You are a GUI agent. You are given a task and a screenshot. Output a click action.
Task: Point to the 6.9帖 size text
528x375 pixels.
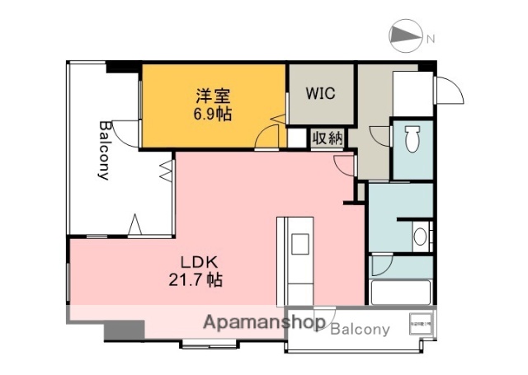pyautogui.click(x=212, y=114)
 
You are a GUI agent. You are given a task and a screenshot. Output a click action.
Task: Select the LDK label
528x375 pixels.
pyautogui.click(x=200, y=261)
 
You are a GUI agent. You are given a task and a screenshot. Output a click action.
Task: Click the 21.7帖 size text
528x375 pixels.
pyautogui.click(x=201, y=279)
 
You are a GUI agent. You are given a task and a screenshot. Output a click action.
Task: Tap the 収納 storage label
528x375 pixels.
pyautogui.click(x=327, y=138)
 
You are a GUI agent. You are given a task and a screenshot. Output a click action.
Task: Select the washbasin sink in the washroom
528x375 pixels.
pyautogui.click(x=421, y=237)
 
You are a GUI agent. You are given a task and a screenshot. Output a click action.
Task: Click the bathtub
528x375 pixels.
pyautogui.click(x=401, y=292)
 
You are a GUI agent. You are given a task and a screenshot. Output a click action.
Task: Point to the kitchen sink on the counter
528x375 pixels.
pyautogui.click(x=298, y=244)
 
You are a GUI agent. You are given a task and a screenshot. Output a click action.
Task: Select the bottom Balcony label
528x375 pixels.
pyautogui.click(x=360, y=329)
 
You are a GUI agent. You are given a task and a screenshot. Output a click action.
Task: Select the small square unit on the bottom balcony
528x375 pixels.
pyautogui.click(x=421, y=323)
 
